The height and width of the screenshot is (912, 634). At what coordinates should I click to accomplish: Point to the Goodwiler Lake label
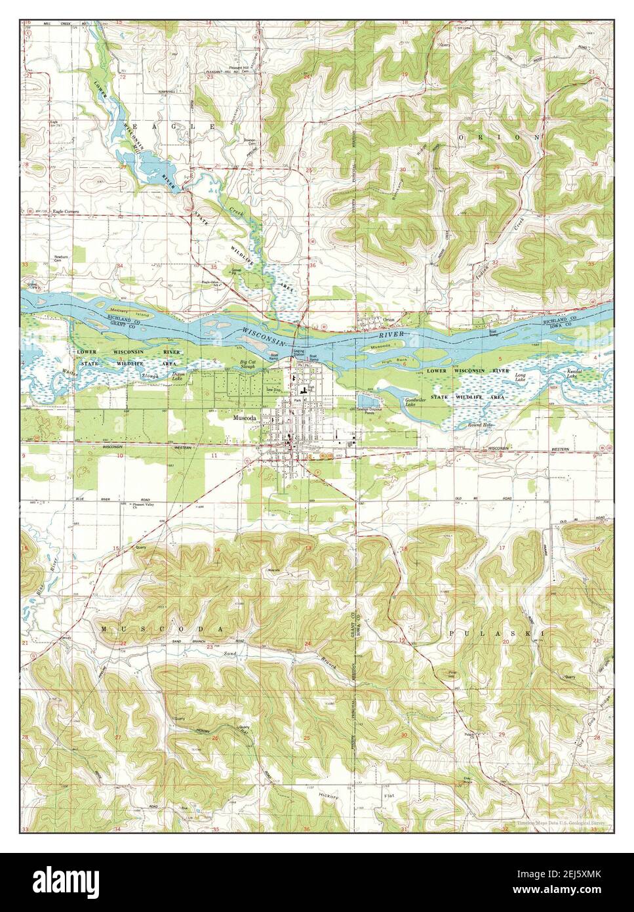416,402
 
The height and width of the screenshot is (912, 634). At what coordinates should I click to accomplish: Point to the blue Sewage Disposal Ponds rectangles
366,400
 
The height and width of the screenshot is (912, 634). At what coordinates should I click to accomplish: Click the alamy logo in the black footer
70,882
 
